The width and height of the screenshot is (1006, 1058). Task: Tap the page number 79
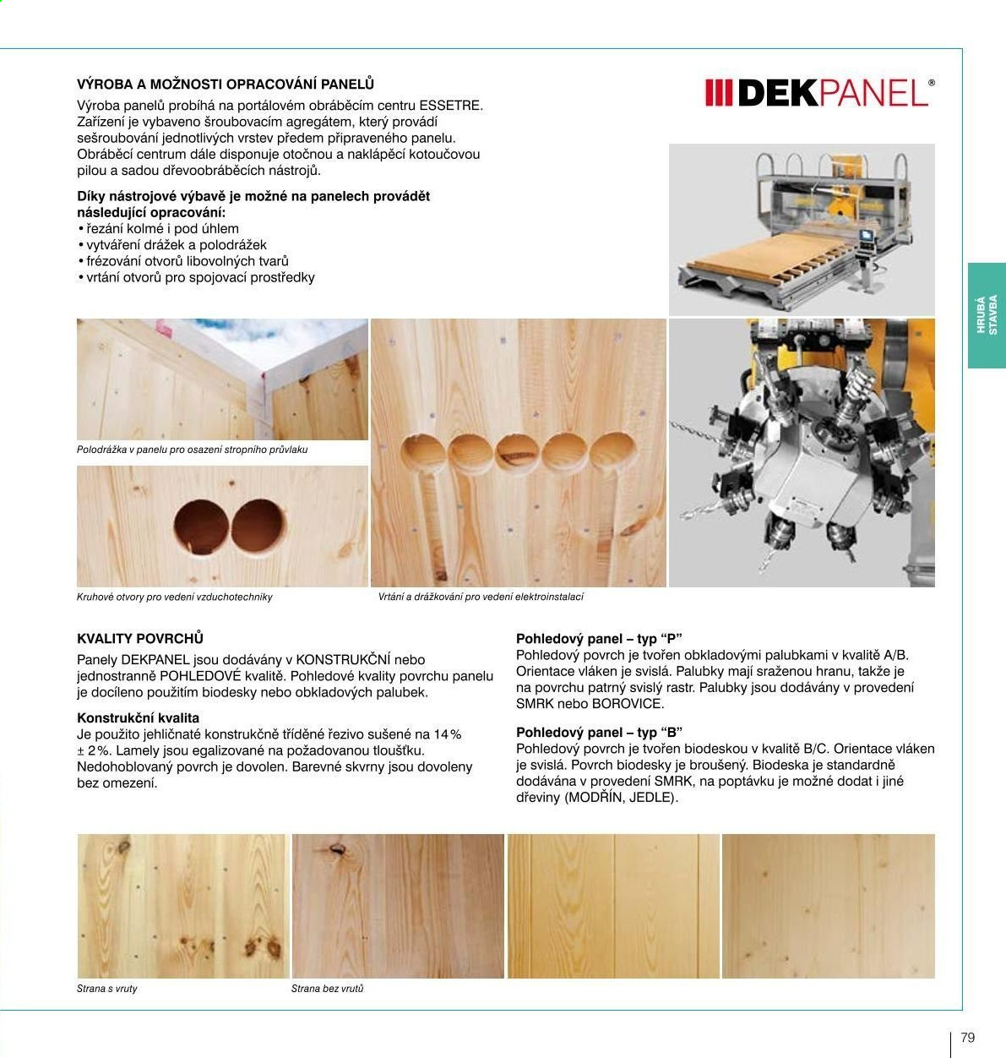pos(967,1038)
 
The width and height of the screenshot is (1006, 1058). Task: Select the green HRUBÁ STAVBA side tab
pos(987,315)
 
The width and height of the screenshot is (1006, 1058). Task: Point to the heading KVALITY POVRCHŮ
pos(140,638)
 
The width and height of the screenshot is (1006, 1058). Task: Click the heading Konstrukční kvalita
pos(138,718)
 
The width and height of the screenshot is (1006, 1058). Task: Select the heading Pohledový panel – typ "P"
pos(599,639)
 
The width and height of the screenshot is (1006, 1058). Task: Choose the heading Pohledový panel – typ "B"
pos(599,733)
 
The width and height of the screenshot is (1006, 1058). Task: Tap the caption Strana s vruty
pos(107,989)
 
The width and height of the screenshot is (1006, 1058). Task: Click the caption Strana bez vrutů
pos(327,989)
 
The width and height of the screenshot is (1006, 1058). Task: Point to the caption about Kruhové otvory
pos(174,597)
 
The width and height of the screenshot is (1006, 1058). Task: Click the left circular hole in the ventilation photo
pos(201,526)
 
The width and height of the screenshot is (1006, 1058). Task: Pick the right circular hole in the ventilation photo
pos(258,526)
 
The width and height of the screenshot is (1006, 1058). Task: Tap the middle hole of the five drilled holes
pos(518,454)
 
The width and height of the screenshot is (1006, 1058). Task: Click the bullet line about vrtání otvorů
pos(196,278)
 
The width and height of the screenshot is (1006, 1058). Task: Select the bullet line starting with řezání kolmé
pos(158,229)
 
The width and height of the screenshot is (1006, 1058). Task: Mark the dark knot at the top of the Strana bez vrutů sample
pos(337,850)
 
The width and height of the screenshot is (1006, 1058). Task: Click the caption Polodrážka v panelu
pos(192,450)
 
